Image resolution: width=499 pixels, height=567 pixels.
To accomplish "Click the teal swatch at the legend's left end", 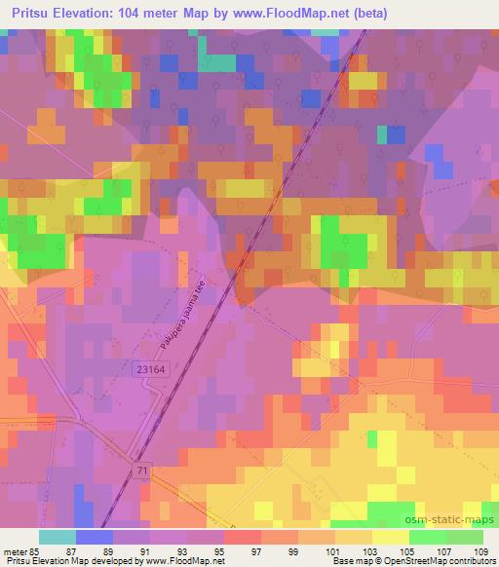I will point(58,537).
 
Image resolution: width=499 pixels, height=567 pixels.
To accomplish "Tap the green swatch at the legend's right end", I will point(464,537).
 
